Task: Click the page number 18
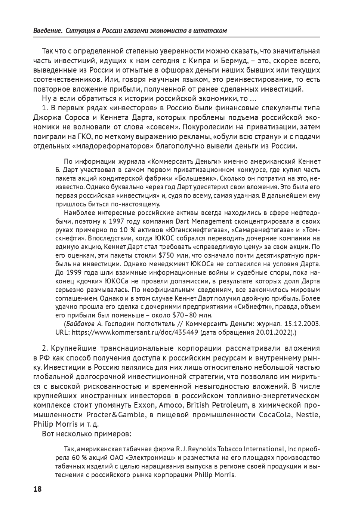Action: point(37,489)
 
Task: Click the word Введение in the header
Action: point(47,30)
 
